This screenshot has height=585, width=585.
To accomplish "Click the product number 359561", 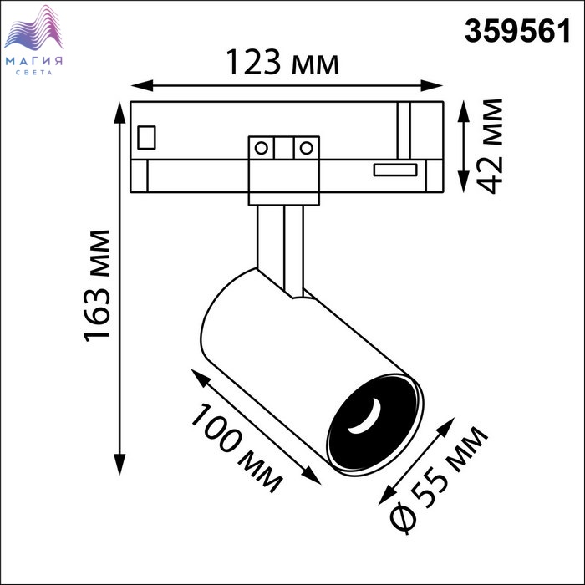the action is [517, 32].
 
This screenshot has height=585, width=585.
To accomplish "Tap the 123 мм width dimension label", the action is [282, 63].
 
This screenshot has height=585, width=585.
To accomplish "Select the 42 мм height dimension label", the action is [490, 146].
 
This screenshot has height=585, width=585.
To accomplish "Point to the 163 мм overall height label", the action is [98, 286].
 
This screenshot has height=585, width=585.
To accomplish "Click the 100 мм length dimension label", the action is [237, 448].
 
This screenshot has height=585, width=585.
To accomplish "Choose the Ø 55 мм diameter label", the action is [439, 481].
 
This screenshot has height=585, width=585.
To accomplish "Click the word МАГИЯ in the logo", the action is [34, 61].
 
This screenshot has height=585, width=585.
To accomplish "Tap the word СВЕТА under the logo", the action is [34, 73].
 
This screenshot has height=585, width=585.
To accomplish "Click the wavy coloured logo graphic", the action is [33, 28].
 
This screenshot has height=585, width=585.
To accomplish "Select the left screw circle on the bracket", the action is [261, 148].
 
